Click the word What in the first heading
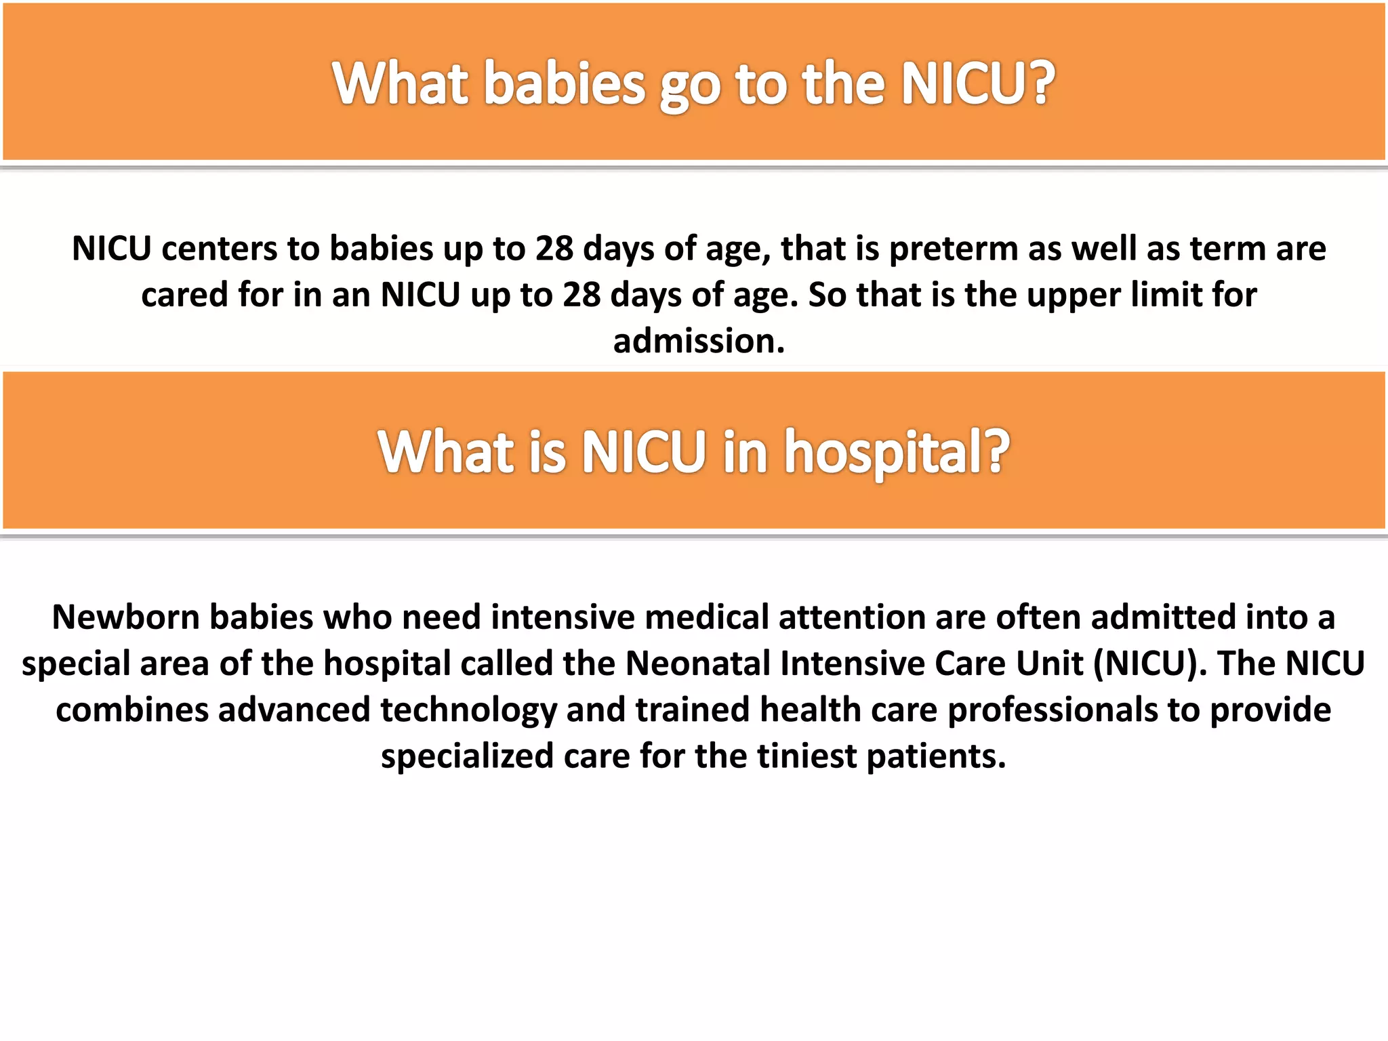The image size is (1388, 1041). [x=400, y=84]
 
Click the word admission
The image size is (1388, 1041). [x=698, y=341]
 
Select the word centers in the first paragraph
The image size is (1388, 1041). [x=219, y=249]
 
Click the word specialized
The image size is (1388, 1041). [x=466, y=756]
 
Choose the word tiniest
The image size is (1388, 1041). [x=807, y=756]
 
